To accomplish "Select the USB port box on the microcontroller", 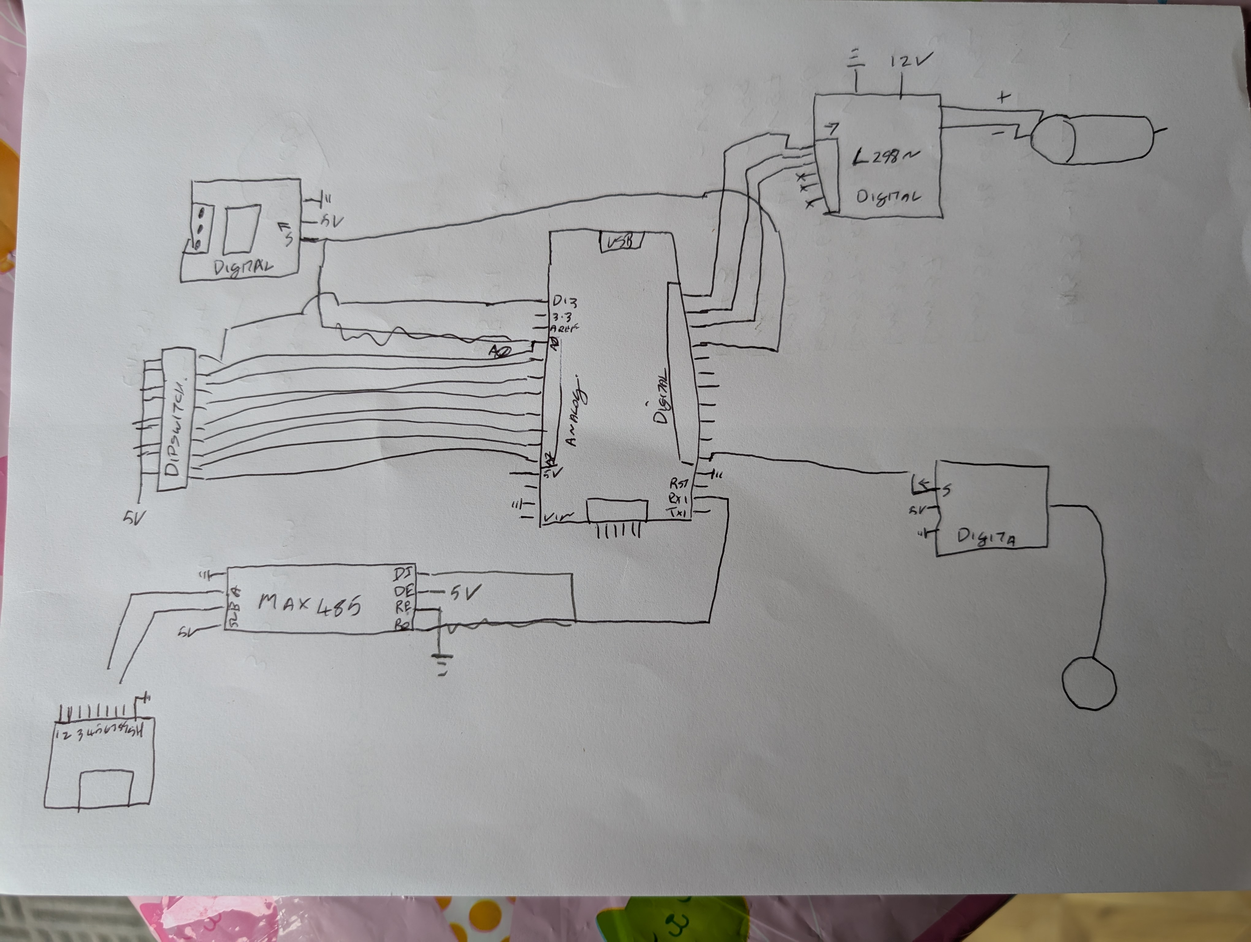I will coord(620,242).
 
